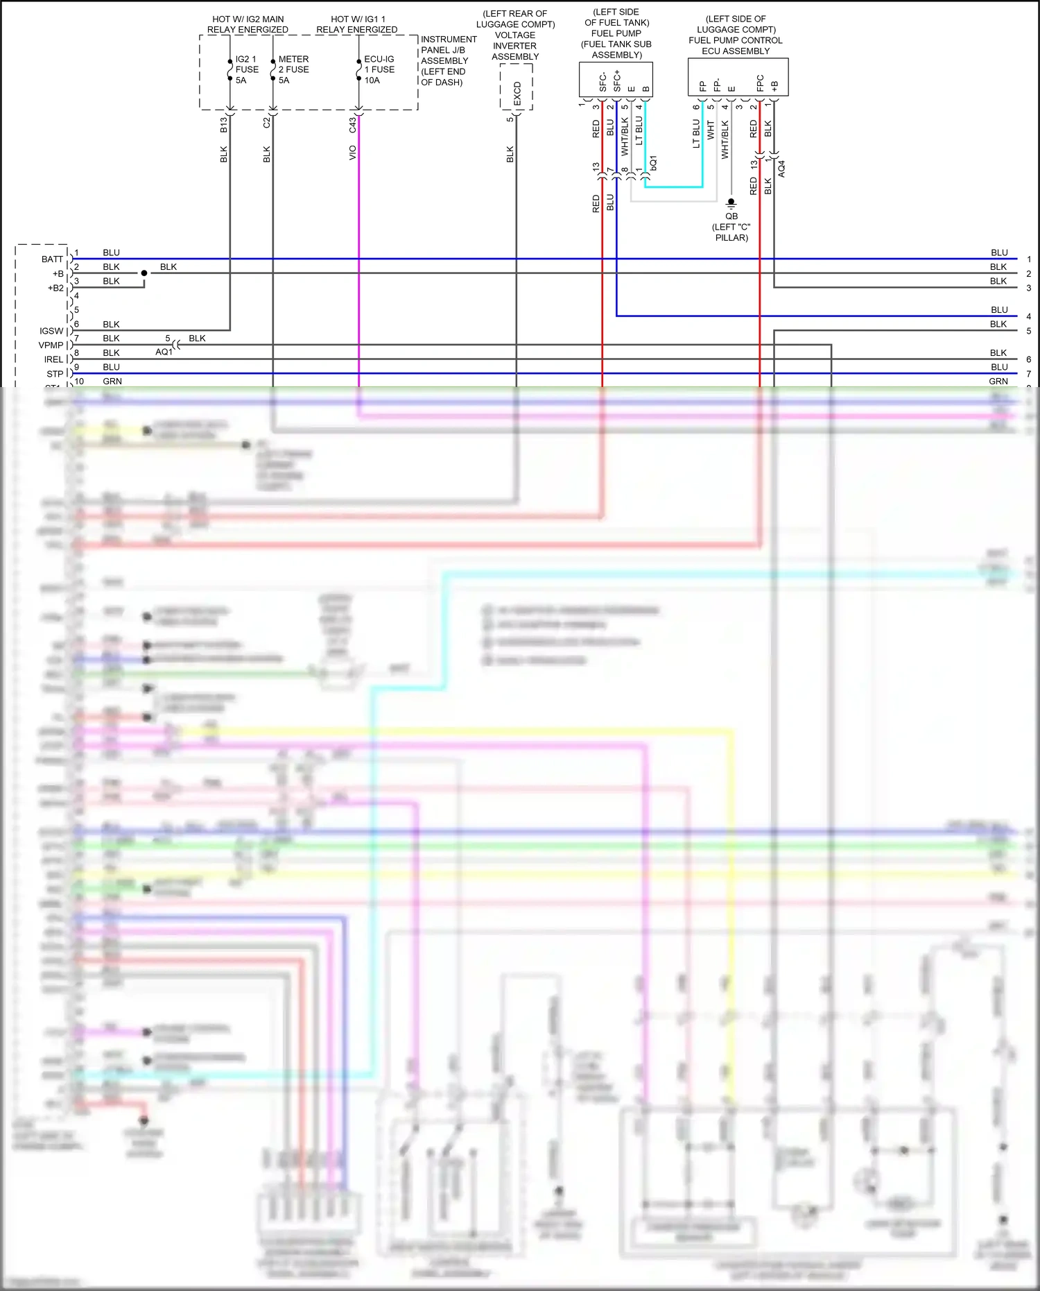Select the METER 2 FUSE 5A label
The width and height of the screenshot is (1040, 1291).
(x=293, y=69)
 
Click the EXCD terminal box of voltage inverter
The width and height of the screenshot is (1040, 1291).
(x=517, y=93)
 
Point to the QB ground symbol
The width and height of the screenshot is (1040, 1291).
(x=731, y=203)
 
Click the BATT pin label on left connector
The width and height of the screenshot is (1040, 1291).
(x=52, y=259)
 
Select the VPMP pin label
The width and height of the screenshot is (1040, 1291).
(x=51, y=345)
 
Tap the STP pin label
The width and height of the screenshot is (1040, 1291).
(x=55, y=373)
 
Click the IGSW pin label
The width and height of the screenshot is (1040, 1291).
(x=51, y=331)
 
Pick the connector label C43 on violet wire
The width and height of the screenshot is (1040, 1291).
(x=352, y=125)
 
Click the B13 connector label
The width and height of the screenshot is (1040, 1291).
(x=223, y=125)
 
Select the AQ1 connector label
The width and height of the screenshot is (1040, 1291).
(x=164, y=352)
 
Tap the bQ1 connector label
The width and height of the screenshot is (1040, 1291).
(x=653, y=163)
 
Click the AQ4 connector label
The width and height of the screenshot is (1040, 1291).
(x=781, y=169)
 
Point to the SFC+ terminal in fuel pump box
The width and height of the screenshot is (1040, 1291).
(x=616, y=80)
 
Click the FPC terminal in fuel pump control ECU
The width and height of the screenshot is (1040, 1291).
(x=760, y=83)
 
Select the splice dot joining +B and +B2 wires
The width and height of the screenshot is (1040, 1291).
(x=144, y=273)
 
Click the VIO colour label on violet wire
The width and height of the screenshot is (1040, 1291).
(x=352, y=153)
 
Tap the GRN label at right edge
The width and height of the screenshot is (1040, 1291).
(x=998, y=381)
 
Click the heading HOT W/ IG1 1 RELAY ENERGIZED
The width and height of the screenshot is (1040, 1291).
(x=357, y=24)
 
